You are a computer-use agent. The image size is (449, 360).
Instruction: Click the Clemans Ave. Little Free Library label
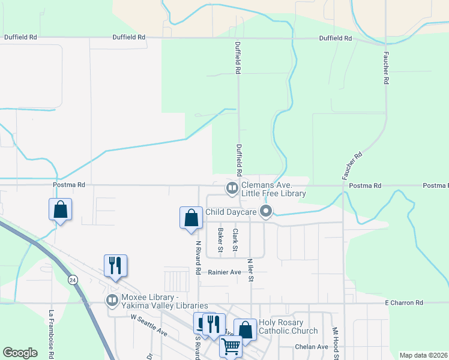click(x=274, y=190)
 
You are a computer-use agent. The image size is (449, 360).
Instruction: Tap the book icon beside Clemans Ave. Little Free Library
click(x=232, y=188)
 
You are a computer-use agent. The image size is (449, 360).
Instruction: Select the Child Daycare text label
click(x=231, y=211)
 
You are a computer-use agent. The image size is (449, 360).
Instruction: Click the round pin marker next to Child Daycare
click(x=267, y=211)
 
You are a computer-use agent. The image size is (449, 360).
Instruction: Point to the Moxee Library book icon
click(x=112, y=299)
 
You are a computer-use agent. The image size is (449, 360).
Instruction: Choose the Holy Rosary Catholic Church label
click(x=288, y=326)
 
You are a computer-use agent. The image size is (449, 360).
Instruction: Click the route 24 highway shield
click(x=73, y=280)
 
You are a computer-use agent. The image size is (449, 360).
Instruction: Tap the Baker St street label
click(x=220, y=240)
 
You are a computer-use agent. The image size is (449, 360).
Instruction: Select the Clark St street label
click(x=235, y=240)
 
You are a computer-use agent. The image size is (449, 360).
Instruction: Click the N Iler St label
click(x=250, y=269)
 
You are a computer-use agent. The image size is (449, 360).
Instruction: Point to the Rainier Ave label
click(x=224, y=272)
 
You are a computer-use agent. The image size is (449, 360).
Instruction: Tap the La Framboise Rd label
click(x=52, y=334)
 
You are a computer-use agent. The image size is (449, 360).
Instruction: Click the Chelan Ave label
click(x=312, y=347)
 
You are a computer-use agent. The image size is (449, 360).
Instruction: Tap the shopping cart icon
click(x=230, y=346)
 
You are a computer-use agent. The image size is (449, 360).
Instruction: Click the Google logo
click(x=20, y=353)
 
